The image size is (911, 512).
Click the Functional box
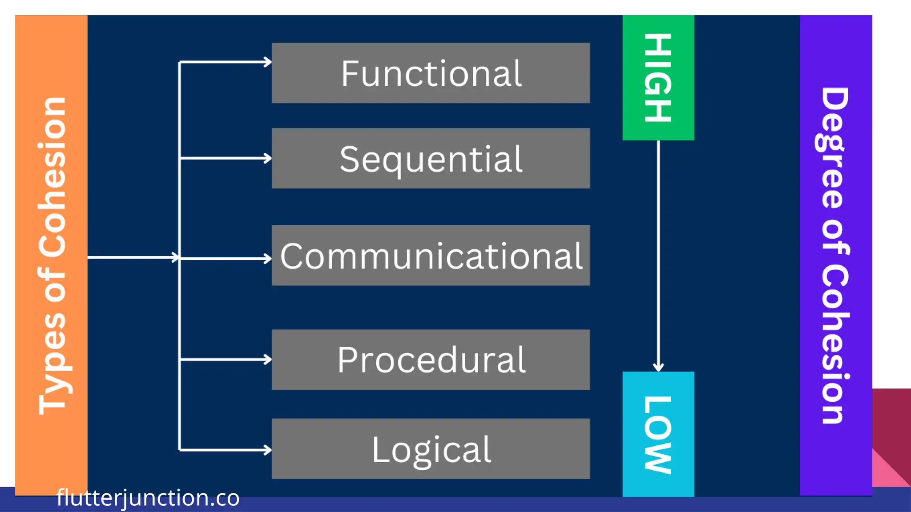[x=431, y=73]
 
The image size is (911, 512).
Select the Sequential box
[x=431, y=158]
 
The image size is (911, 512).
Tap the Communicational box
[x=431, y=256]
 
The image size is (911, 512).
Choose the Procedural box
[x=431, y=360]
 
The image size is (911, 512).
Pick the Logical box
[x=431, y=449]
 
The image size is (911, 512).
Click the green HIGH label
[x=658, y=78]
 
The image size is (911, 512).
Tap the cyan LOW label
[x=658, y=434]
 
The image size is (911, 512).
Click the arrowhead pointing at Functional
[x=267, y=62]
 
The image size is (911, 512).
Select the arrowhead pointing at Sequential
[x=267, y=158]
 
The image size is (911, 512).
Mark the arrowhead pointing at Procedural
[x=267, y=359]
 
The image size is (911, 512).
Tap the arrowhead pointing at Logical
[x=267, y=450]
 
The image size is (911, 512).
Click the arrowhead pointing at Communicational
[x=267, y=259]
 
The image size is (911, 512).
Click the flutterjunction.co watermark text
[x=148, y=498]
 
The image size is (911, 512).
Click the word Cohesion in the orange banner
[x=52, y=178]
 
